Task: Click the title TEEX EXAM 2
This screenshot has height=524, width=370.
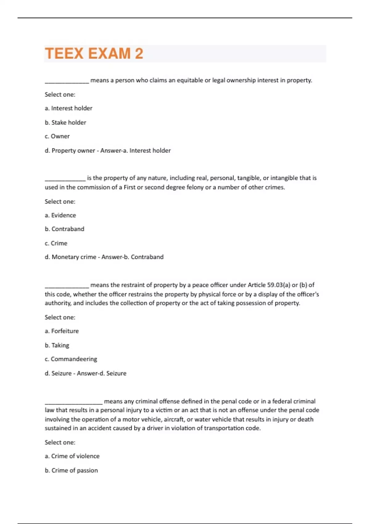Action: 94,53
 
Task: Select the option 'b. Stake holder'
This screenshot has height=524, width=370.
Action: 65,122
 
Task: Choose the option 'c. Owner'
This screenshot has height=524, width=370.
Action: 57,136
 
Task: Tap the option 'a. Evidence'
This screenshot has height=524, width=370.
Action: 60,215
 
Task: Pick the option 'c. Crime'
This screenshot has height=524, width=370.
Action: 56,243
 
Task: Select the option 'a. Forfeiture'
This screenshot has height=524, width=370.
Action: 62,331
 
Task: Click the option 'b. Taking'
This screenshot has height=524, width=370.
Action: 57,345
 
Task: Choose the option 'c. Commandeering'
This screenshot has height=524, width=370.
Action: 71,359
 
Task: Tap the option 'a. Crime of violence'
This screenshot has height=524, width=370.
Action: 72,456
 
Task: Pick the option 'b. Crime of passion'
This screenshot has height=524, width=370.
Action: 71,470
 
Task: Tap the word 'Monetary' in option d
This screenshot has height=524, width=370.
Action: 64,257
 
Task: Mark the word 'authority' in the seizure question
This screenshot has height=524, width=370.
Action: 58,303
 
